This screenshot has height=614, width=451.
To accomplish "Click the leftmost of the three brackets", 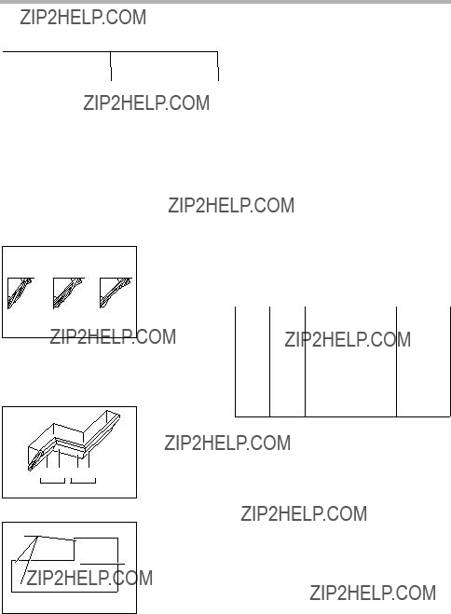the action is coord(20,293).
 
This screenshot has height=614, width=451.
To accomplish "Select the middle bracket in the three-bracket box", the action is coord(67,293).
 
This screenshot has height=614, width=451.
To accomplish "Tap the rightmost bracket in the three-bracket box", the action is coord(116,293).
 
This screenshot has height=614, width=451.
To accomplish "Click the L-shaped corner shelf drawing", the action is coord(75,440).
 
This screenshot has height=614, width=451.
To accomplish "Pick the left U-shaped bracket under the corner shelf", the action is coord(52,481).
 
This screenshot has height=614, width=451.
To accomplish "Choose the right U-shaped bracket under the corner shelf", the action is coord(83,481).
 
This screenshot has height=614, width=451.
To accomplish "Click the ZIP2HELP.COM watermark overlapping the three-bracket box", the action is coord(113,336).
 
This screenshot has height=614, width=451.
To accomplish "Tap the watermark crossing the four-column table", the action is coord(348,339).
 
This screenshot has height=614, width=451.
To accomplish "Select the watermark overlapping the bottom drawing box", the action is coord(89,578).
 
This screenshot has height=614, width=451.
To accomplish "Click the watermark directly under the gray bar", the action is coord(83,17).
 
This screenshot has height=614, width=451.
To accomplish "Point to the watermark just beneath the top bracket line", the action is coord(146,103).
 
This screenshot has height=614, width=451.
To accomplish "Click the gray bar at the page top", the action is coord(225,2).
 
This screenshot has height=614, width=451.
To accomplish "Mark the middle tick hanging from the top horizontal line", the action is coord(111,66).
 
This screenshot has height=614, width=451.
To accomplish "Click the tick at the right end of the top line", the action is coord(218,66).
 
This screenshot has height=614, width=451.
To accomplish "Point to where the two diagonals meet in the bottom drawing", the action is coord(36,538).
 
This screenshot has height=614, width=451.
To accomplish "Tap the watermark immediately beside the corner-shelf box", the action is coord(227,443).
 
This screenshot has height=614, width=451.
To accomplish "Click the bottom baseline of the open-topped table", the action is coord(343,416).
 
